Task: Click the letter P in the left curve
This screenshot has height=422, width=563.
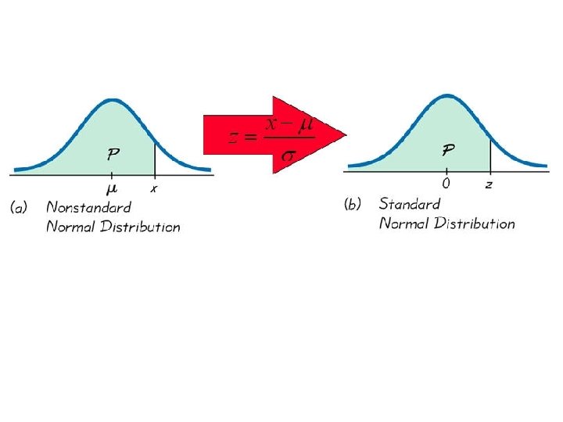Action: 113,153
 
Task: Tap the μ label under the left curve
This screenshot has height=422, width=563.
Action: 112,188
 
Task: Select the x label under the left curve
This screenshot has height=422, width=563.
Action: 154,189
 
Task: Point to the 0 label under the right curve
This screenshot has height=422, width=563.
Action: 446,184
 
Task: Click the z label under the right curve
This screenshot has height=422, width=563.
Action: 489,185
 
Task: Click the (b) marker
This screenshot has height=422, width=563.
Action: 353,204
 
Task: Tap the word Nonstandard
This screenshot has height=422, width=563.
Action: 88,208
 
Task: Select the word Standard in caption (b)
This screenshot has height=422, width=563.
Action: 410,204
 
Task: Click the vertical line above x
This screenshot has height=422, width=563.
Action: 154,157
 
